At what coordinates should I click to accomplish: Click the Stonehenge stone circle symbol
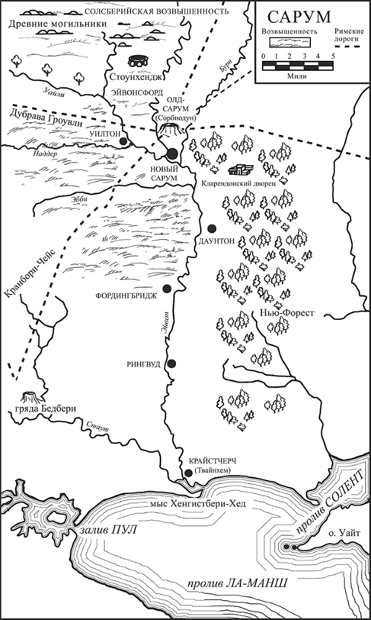(x=137, y=62)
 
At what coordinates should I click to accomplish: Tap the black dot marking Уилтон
(x=124, y=141)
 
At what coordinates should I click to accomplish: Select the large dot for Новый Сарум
(x=172, y=153)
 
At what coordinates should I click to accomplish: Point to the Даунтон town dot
(x=212, y=228)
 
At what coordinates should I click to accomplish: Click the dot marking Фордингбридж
(x=167, y=288)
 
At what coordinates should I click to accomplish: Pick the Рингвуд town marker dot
(x=172, y=363)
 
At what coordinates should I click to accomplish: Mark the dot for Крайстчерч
(x=189, y=474)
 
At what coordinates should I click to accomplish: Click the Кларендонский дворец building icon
(x=240, y=170)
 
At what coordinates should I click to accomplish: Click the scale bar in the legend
(x=298, y=64)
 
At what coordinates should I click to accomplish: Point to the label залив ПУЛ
(x=107, y=531)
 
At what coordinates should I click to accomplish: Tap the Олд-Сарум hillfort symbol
(x=170, y=129)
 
